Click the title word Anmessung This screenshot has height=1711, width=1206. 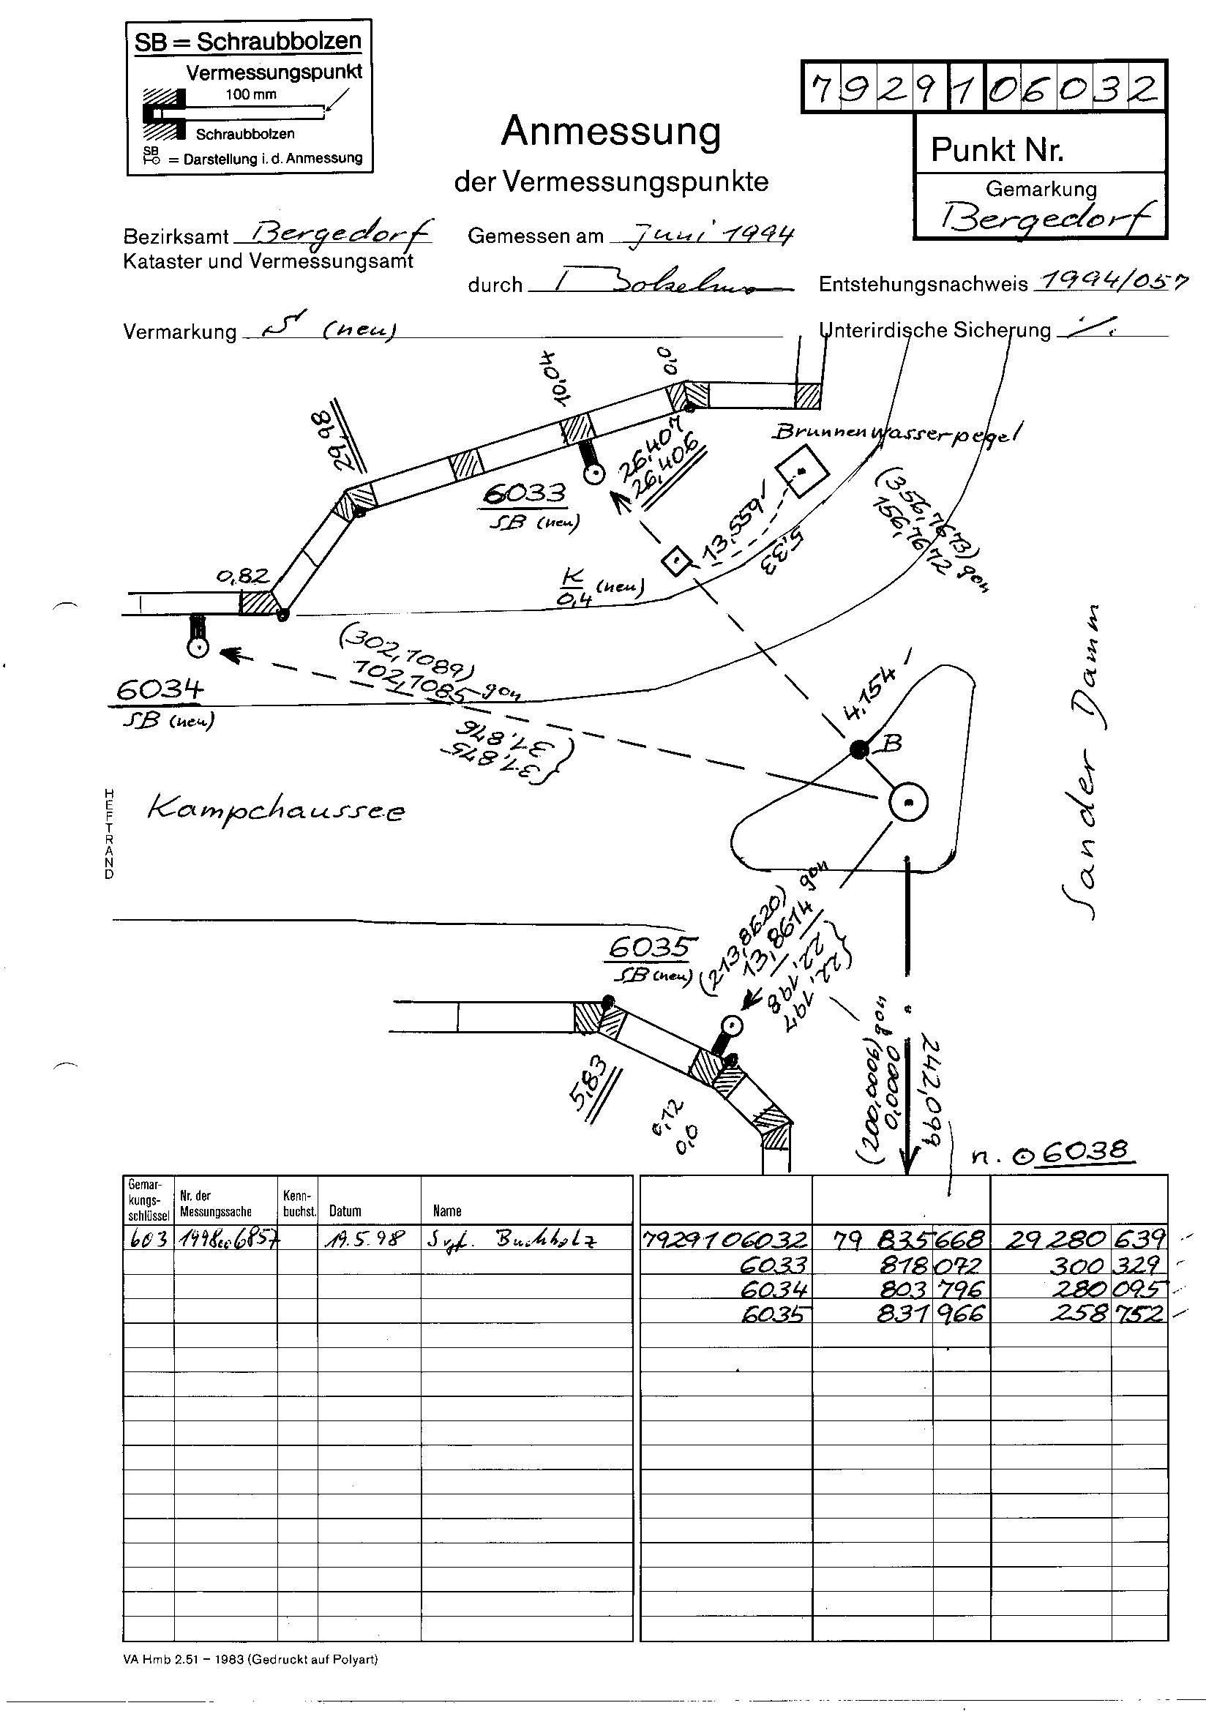[611, 132]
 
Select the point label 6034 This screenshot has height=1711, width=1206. [159, 690]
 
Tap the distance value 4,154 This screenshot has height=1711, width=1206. [875, 696]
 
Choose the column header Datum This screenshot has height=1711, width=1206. [345, 1211]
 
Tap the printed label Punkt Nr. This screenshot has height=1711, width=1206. [997, 150]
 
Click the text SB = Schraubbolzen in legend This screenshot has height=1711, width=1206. [248, 42]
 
